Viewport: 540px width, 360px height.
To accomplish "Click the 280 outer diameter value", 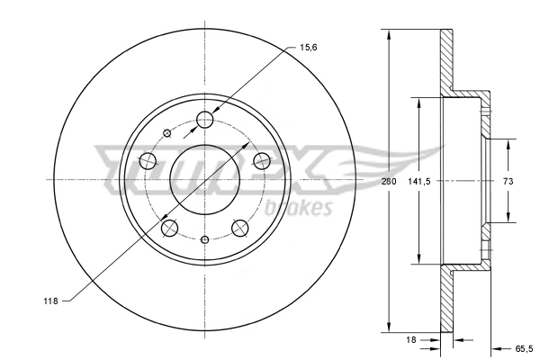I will (x=389, y=181).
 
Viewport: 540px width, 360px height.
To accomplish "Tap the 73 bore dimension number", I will (x=508, y=181).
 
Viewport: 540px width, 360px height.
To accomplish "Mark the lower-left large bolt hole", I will (x=169, y=228).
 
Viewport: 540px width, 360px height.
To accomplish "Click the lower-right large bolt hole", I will (x=241, y=228).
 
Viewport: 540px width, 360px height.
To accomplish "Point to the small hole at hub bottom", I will (x=205, y=238).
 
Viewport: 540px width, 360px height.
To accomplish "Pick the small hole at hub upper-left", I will (x=166, y=131).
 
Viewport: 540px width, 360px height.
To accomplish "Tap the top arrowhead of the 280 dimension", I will (x=389, y=35).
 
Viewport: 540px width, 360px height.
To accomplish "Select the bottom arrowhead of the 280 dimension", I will (x=389, y=326).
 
